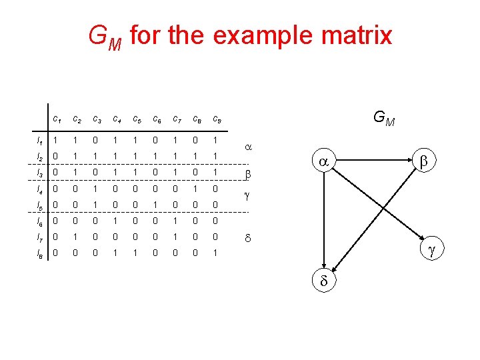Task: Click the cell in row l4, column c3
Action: (x=96, y=189)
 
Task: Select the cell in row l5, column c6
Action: (x=157, y=205)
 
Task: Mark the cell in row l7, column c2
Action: (x=76, y=237)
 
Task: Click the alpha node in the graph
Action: (x=323, y=162)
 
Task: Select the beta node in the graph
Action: (x=425, y=162)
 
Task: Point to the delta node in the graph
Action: (x=324, y=282)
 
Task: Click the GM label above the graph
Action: (x=384, y=119)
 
